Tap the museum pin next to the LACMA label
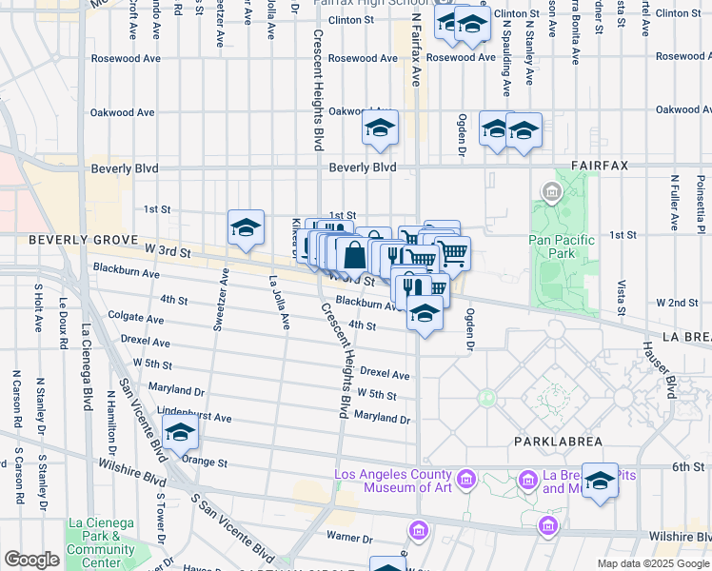pyautogui.click(x=466, y=477)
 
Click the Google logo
pyautogui.click(x=31, y=560)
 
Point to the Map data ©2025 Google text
pyautogui.click(x=653, y=563)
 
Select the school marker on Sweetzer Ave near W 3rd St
pyautogui.click(x=246, y=228)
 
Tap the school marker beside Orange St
pyautogui.click(x=180, y=433)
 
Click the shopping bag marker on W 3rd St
pyautogui.click(x=354, y=255)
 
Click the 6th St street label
pyautogui.click(x=687, y=467)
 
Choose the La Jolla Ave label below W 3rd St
pyautogui.click(x=279, y=302)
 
